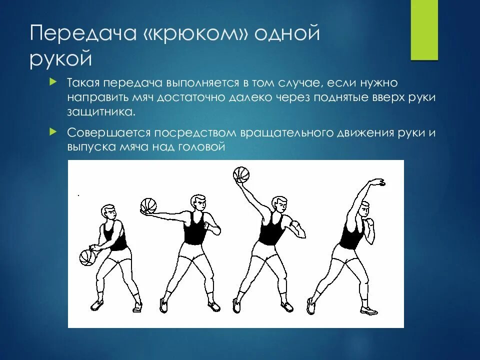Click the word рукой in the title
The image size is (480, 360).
pyautogui.click(x=61, y=59)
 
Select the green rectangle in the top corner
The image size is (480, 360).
pyautogui.click(x=424, y=30)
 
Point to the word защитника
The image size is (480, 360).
pyautogui.click(x=100, y=111)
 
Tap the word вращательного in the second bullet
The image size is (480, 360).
pyautogui.click(x=280, y=133)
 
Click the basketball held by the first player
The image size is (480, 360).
pyautogui.click(x=87, y=257)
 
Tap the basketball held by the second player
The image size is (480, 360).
pyautogui.click(x=148, y=205)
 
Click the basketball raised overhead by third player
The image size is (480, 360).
pyautogui.click(x=241, y=174)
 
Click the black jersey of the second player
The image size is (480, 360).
pyautogui.click(x=193, y=231)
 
